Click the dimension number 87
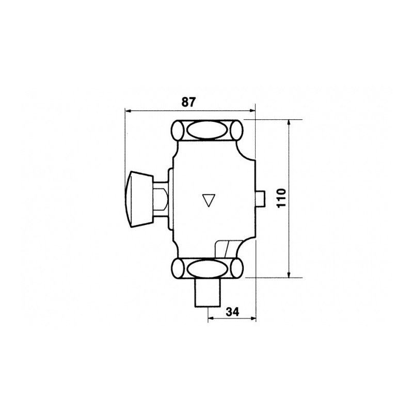coord(189,102)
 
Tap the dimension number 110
coord(281,198)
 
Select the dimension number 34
coord(232,312)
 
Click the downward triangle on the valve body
coord(209,200)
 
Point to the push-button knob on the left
coord(139,199)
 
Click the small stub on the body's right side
coord(260,199)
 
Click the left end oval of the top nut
coord(178,130)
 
